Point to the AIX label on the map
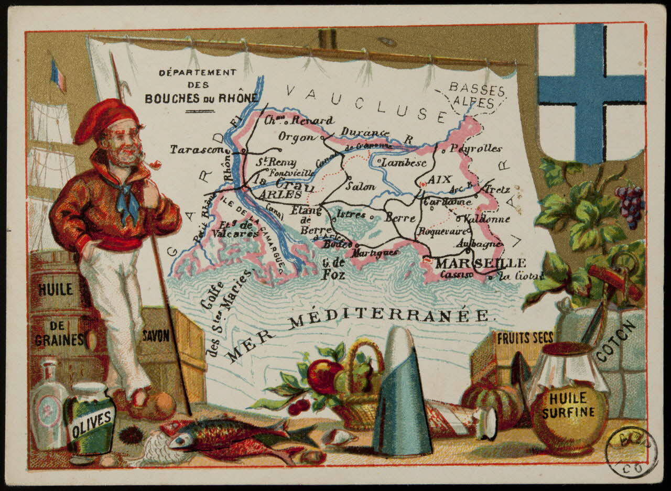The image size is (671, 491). click(x=439, y=180)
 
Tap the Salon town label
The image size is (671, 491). click(x=361, y=186)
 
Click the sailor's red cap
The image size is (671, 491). click(x=105, y=119)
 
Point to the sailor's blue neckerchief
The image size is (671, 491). click(x=126, y=200)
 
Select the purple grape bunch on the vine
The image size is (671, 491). click(x=630, y=204)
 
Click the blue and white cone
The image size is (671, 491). click(x=401, y=393)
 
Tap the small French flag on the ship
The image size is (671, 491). click(x=58, y=75)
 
